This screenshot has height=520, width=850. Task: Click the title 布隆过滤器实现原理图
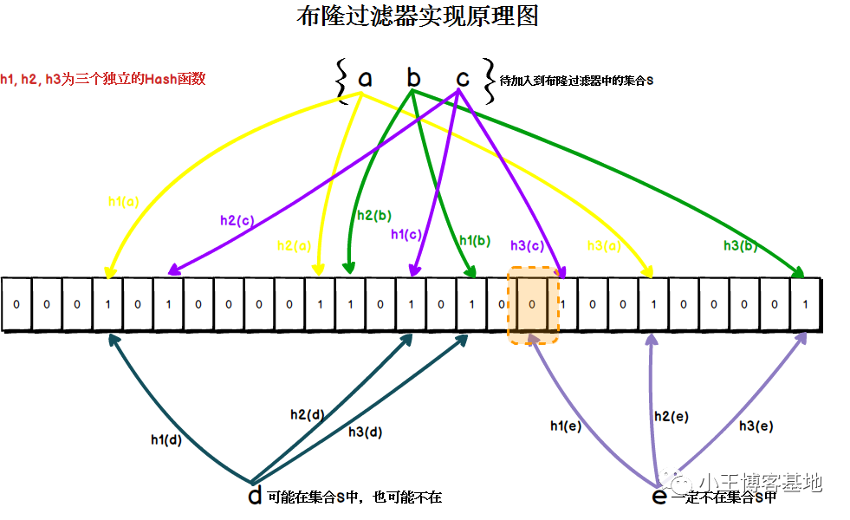pyautogui.click(x=417, y=16)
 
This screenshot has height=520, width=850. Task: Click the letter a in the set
pyautogui.click(x=365, y=79)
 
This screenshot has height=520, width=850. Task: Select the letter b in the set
pyautogui.click(x=414, y=79)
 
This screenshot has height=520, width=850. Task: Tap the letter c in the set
pyautogui.click(x=463, y=79)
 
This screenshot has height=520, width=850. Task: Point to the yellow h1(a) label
pyautogui.click(x=123, y=201)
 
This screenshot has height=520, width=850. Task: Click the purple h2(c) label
pyautogui.click(x=237, y=220)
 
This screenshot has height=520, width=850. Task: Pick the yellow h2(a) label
pyautogui.click(x=295, y=245)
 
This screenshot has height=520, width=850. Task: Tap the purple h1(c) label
pyautogui.click(x=406, y=234)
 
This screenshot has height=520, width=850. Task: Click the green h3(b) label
pyautogui.click(x=741, y=245)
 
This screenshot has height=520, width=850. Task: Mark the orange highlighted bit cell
pyautogui.click(x=533, y=304)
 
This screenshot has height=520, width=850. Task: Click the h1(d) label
pyautogui.click(x=165, y=439)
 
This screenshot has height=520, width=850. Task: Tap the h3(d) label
pyautogui.click(x=365, y=432)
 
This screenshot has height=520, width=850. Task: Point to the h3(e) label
pyautogui.click(x=756, y=426)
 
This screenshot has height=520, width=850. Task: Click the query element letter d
pyautogui.click(x=255, y=496)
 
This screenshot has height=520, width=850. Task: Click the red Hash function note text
pyautogui.click(x=103, y=79)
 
